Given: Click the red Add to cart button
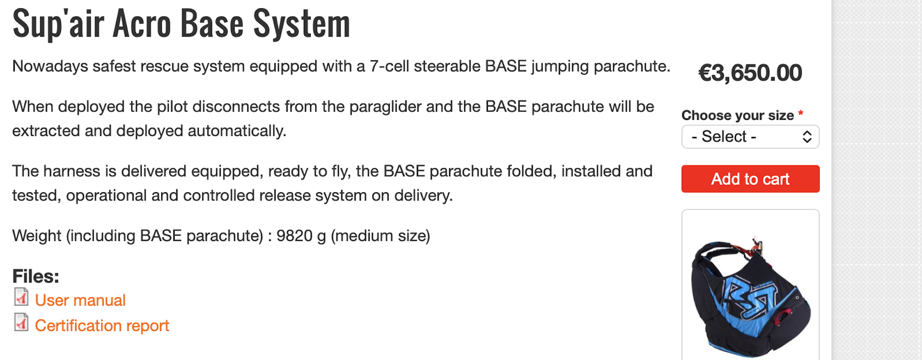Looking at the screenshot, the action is coord(750,179).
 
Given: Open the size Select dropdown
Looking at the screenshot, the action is coord(750,137).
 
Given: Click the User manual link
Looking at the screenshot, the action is coord(80,300).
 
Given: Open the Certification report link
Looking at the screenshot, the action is coord(102,325).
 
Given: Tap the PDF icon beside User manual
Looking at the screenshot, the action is coord(21,297).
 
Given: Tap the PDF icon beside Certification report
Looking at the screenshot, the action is coord(21,323).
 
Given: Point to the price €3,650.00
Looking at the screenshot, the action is coord(750,73).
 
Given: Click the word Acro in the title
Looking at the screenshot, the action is coord(142,24).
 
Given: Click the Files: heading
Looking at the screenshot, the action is coord(36,276).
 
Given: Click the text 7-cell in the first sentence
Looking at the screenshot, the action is coord(390,66).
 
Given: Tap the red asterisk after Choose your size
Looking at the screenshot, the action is coord(801,113).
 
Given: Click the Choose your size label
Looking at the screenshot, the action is coord(738,115).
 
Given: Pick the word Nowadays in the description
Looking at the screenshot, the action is coord(50,66).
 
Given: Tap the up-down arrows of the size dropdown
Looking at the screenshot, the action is coord(807,137).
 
